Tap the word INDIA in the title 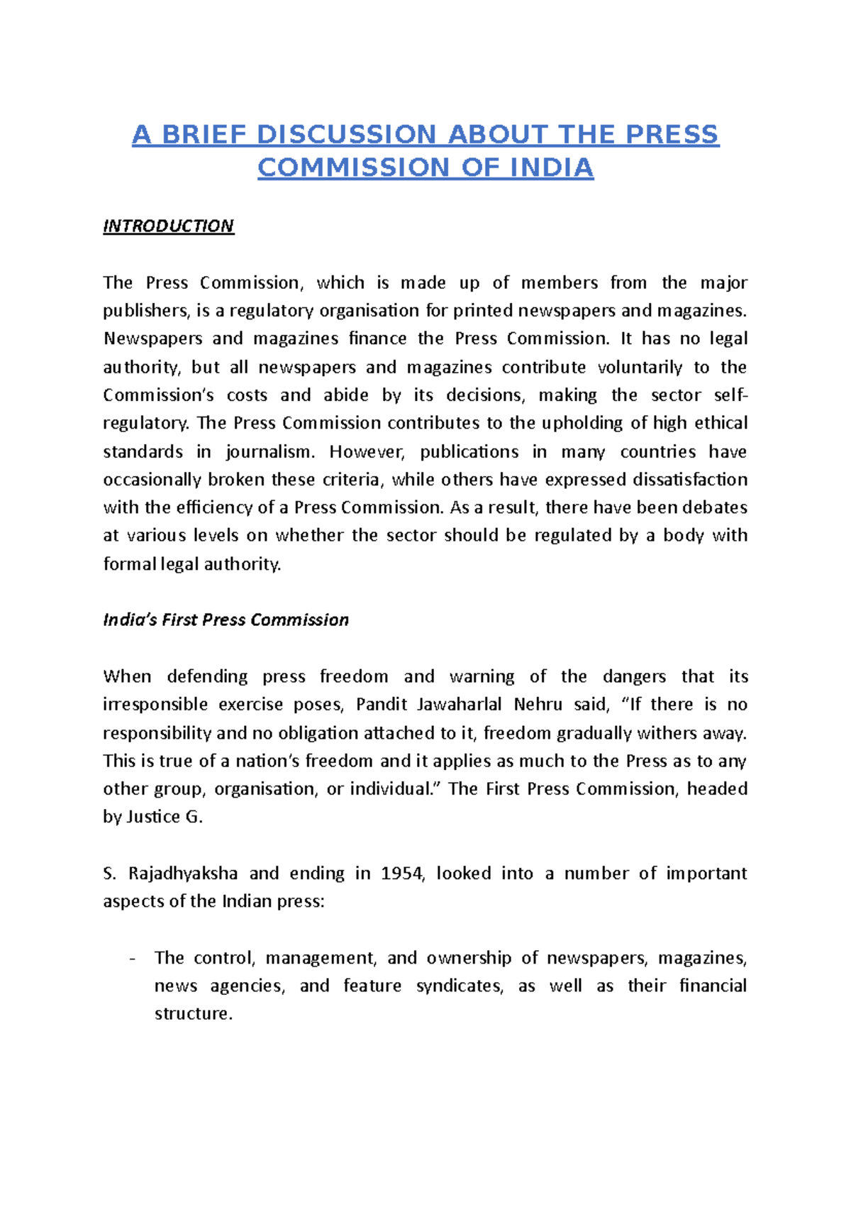click(x=552, y=167)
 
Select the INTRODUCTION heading click(x=168, y=226)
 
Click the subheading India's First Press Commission click(x=226, y=620)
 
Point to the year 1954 click(x=402, y=873)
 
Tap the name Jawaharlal click(x=460, y=704)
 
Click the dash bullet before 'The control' click(x=133, y=958)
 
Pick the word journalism click(x=269, y=452)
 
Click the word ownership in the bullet click(x=469, y=958)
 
